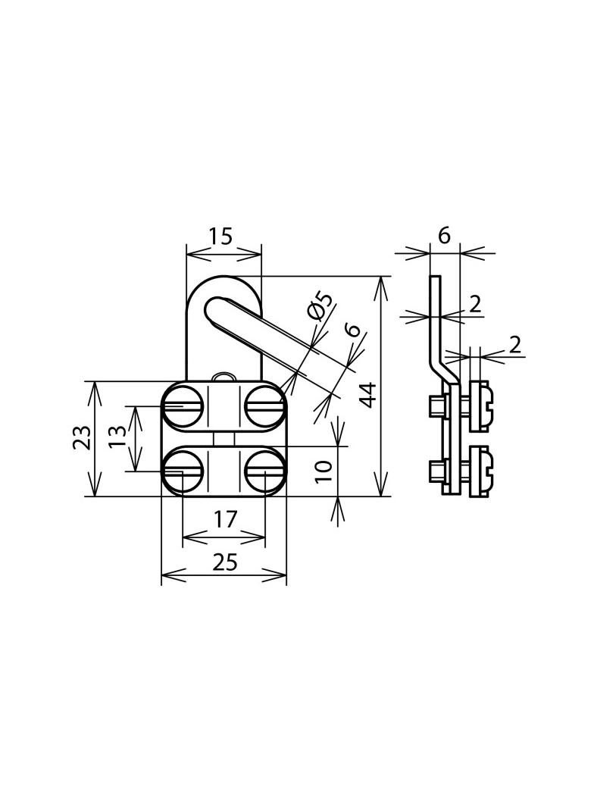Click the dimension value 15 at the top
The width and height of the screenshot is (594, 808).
(x=221, y=236)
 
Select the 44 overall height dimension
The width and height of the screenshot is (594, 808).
(x=368, y=395)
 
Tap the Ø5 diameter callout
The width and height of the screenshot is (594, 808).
(x=319, y=306)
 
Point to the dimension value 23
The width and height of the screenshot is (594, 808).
(x=82, y=438)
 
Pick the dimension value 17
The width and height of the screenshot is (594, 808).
(x=225, y=519)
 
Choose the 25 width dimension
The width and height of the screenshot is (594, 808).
(x=225, y=562)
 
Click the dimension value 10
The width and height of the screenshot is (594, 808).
(x=324, y=471)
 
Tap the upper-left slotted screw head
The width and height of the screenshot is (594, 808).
(x=183, y=406)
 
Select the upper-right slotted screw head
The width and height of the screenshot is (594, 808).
(x=265, y=406)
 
